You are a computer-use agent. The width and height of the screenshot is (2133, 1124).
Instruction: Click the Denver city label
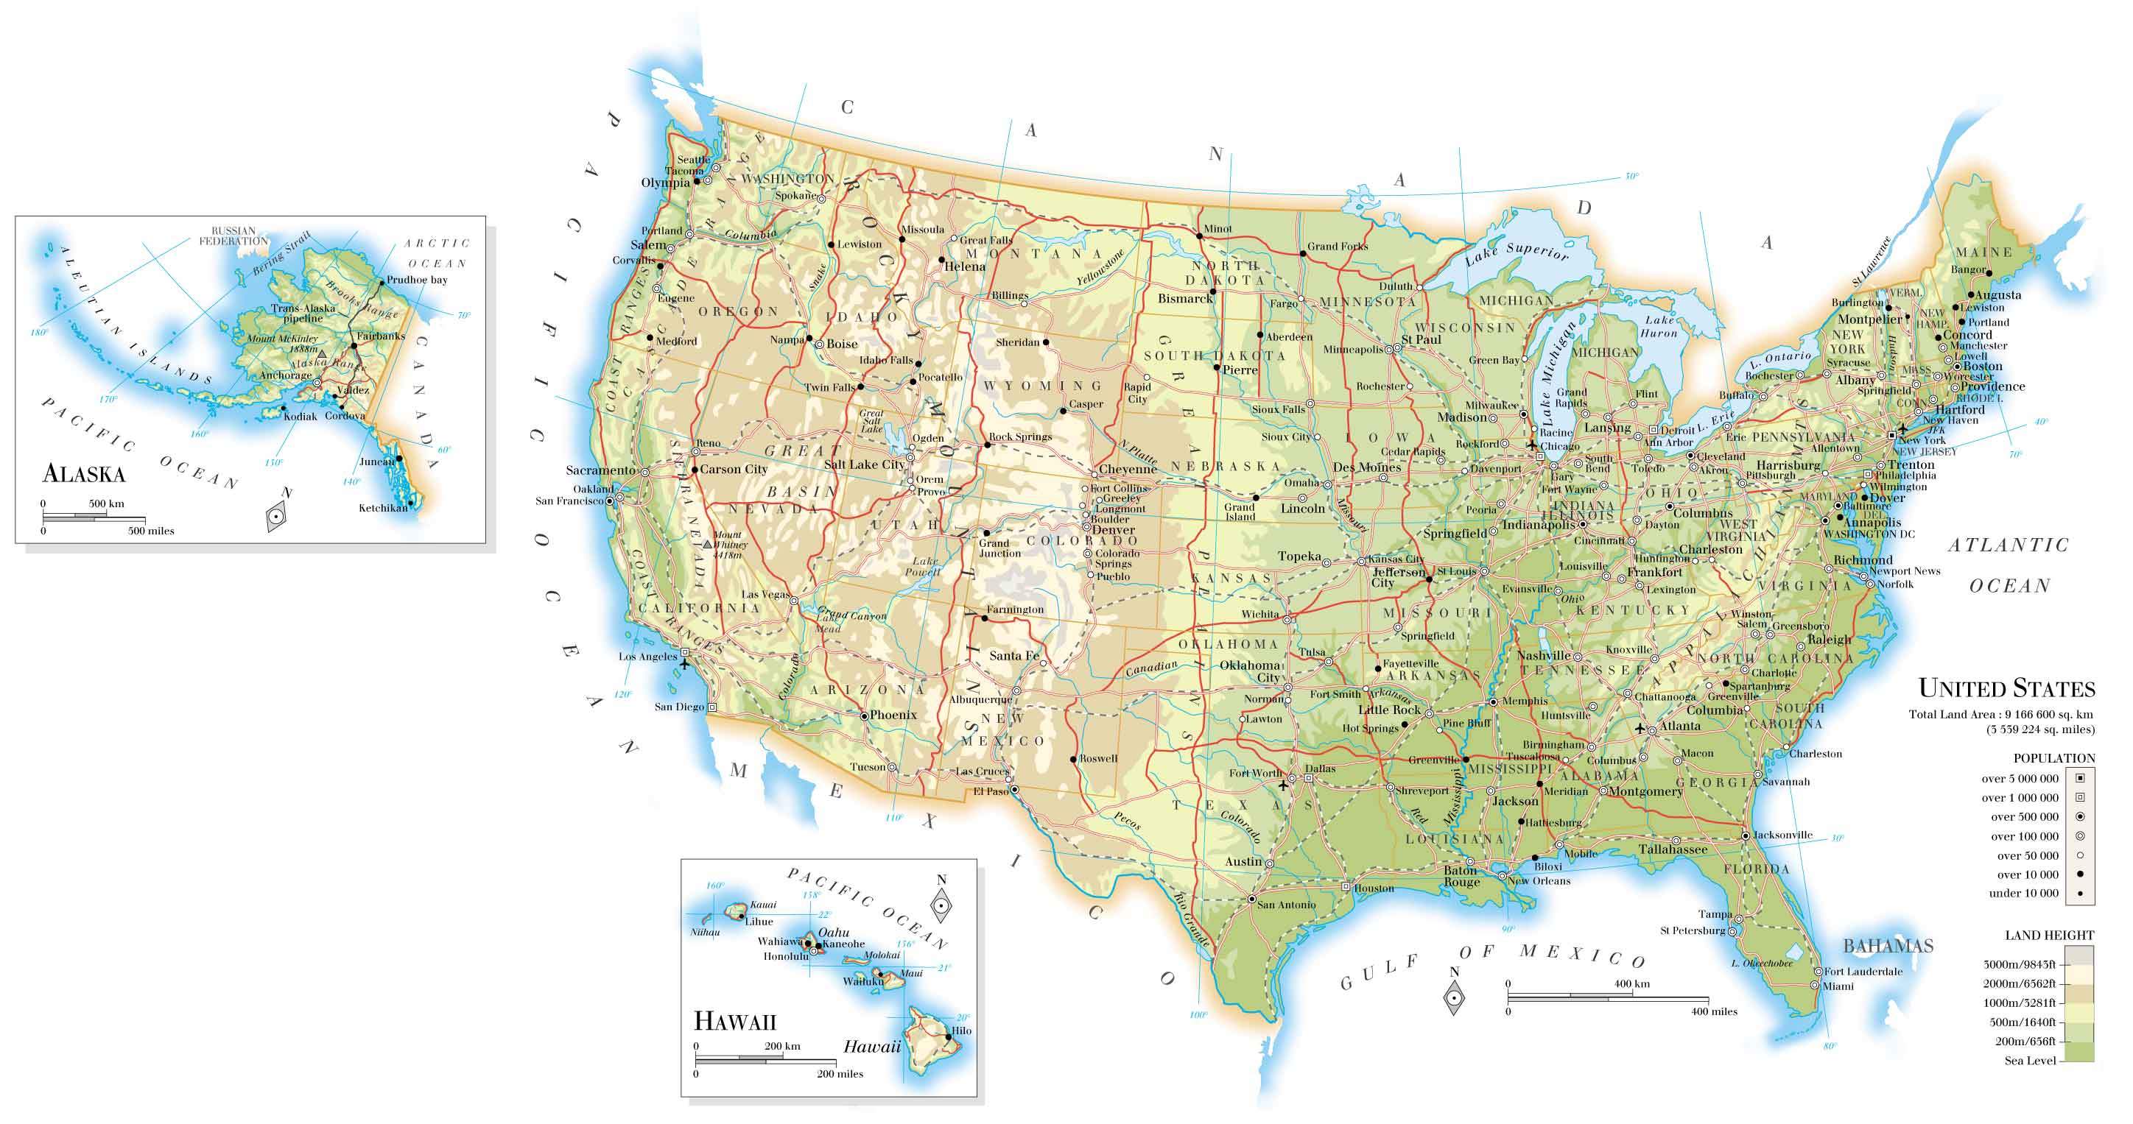tap(1114, 530)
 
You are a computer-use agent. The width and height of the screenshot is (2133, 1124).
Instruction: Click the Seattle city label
tap(694, 160)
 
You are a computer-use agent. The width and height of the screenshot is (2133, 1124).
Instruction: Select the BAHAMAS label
tap(1888, 946)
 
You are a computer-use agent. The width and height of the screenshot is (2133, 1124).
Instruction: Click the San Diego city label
tap(679, 707)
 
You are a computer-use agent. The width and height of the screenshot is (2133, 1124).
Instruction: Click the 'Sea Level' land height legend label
tap(2029, 1061)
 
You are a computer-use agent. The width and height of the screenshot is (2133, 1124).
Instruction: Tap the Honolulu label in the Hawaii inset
tap(785, 956)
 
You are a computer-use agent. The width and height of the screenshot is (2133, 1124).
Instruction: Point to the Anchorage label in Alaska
tap(286, 375)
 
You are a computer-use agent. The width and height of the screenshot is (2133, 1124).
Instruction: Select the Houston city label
tap(1374, 888)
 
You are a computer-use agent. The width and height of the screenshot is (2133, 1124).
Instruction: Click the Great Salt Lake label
tap(872, 421)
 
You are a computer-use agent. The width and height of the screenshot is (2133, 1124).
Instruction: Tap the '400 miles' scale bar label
tap(1713, 1011)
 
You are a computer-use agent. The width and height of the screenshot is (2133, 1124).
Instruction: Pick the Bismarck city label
tap(1185, 299)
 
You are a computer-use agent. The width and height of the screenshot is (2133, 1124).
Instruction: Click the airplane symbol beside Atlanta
tap(1640, 729)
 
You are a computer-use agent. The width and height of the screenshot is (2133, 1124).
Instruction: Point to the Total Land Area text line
tap(2001, 714)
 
